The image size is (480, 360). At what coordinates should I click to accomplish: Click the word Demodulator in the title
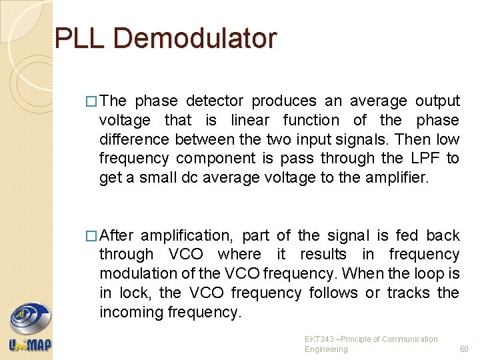pyautogui.click(x=195, y=39)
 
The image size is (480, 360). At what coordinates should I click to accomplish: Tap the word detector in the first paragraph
pyautogui.click(x=215, y=101)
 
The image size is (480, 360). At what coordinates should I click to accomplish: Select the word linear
pyautogui.click(x=250, y=121)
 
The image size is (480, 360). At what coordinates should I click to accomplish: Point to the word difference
pyautogui.click(x=135, y=139)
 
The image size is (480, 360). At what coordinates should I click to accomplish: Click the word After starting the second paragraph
pyautogui.click(x=117, y=235)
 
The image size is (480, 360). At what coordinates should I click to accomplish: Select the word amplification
pyautogui.click(x=188, y=236)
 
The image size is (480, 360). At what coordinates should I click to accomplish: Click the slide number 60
pyautogui.click(x=464, y=349)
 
